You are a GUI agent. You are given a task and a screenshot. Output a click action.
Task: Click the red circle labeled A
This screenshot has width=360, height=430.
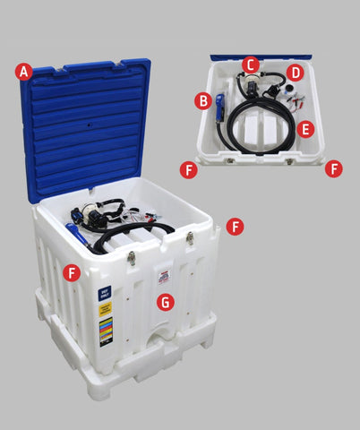click(x=24, y=71)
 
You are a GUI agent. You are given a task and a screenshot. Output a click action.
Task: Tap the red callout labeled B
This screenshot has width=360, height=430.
click(x=204, y=99)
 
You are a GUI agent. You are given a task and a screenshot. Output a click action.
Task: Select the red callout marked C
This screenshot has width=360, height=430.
click(x=250, y=64)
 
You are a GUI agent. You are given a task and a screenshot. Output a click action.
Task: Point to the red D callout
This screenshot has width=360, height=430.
click(x=295, y=73)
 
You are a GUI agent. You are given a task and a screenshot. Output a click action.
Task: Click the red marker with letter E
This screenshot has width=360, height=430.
click(x=306, y=128)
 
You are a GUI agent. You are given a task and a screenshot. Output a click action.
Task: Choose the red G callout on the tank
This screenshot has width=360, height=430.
click(x=165, y=302)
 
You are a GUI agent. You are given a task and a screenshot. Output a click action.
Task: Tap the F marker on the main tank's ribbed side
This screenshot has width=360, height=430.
click(x=72, y=272)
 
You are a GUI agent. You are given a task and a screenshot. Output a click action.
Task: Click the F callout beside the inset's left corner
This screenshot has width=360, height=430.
click(x=188, y=168)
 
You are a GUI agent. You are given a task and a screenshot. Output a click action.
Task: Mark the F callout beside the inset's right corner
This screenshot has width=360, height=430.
click(x=333, y=168)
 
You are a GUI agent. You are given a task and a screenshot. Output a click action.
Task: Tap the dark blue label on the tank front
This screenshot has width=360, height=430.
click(x=105, y=293)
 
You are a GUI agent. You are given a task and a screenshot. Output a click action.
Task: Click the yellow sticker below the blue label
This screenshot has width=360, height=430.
click(x=105, y=311)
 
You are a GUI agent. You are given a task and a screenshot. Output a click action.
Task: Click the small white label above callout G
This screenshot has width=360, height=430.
click(x=164, y=271)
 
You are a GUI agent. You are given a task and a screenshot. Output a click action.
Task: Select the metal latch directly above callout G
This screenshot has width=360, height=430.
click(x=190, y=239)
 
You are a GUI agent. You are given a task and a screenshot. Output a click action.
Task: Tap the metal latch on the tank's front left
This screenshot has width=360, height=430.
click(x=132, y=258)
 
